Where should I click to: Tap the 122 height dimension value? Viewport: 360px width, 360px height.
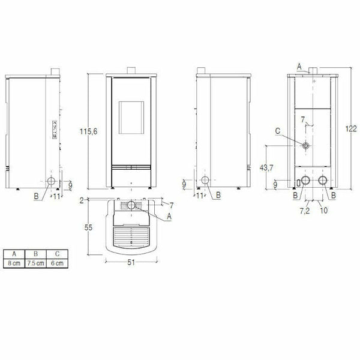pyautogui.click(x=351, y=128)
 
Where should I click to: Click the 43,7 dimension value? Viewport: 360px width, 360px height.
pyautogui.click(x=266, y=168)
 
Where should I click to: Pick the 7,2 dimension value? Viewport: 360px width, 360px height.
pyautogui.click(x=305, y=211)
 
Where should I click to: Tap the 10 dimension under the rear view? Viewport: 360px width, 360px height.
pyautogui.click(x=324, y=211)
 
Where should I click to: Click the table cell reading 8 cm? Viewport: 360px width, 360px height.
pyautogui.click(x=14, y=263)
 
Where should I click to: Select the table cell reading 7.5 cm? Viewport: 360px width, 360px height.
pyautogui.click(x=36, y=263)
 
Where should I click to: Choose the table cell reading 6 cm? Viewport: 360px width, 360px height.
pyautogui.click(x=58, y=263)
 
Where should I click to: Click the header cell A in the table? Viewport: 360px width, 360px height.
pyautogui.click(x=14, y=254)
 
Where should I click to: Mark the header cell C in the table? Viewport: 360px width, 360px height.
pyautogui.click(x=58, y=254)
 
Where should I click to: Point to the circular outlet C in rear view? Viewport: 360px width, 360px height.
pyautogui.click(x=306, y=146)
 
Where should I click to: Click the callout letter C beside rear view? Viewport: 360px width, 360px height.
pyautogui.click(x=277, y=130)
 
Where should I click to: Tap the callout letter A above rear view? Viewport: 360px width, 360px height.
pyautogui.click(x=299, y=65)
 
